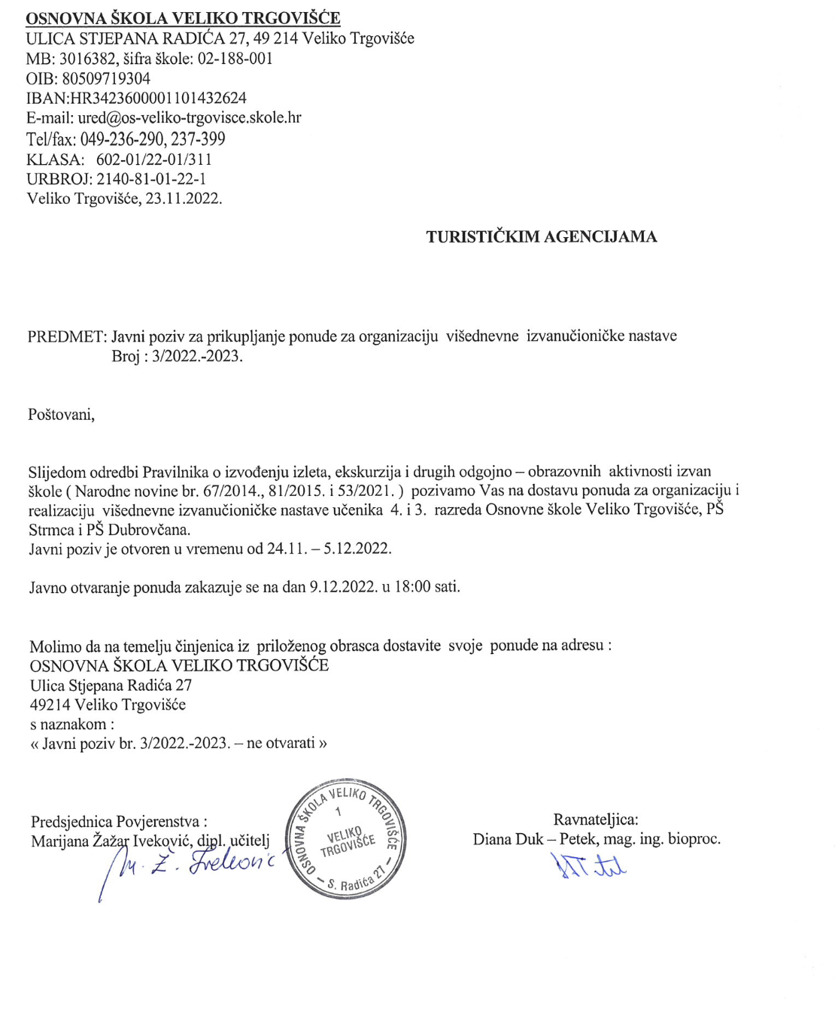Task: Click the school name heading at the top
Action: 183,18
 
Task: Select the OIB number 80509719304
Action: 105,78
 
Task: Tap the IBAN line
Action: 136,98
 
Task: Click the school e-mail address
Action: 190,117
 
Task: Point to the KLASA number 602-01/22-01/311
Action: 153,160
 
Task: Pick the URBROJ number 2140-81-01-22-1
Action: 150,179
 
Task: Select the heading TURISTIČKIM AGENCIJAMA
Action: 541,237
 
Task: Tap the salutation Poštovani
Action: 61,415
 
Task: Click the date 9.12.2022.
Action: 343,587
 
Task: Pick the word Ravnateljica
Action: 595,820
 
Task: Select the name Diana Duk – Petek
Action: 536,839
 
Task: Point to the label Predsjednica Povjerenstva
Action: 118,822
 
